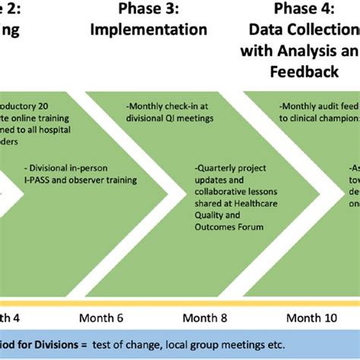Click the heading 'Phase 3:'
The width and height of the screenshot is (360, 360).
coord(148,9)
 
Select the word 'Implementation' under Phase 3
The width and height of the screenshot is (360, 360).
coord(148,30)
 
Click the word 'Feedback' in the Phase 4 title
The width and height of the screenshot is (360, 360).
coord(304,71)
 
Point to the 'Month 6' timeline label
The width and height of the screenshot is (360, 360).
coord(103,317)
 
